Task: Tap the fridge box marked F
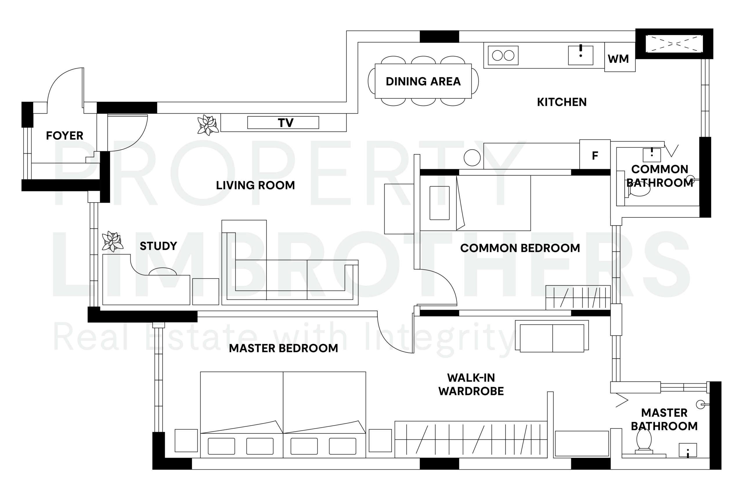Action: coord(595,154)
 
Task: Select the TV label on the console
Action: coord(286,122)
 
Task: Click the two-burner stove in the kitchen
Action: coord(503,56)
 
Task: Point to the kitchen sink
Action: coord(580,56)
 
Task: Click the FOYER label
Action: coord(64,136)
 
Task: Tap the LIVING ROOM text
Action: coord(255,185)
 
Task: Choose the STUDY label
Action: coord(158,246)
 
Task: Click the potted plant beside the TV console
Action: coord(208,125)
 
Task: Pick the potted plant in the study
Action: coord(112,241)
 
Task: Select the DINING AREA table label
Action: coord(423,81)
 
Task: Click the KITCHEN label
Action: coord(562,102)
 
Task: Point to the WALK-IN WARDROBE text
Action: coord(471,384)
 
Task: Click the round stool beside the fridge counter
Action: coord(472,158)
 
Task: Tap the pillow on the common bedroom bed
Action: coord(439,203)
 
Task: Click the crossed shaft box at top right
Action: coord(674,44)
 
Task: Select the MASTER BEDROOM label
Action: coord(283,349)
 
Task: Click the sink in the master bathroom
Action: coord(688,450)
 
